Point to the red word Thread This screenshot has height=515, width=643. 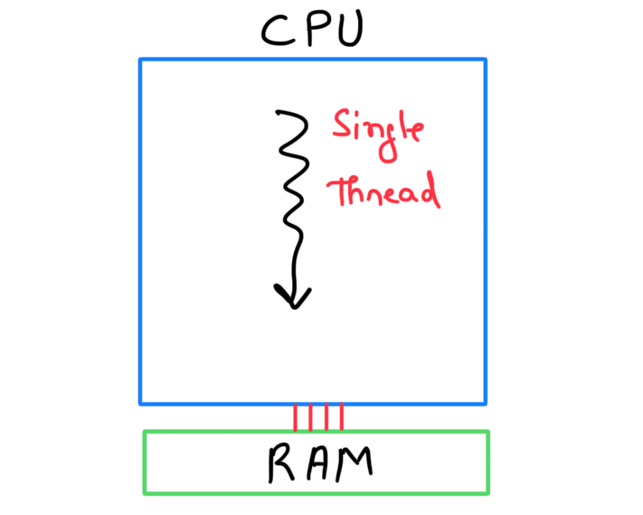[x=383, y=192]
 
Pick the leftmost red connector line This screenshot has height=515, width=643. [x=295, y=417]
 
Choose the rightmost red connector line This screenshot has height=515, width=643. [x=342, y=417]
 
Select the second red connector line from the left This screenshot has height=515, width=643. [x=310, y=417]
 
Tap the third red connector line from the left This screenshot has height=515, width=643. [x=326, y=417]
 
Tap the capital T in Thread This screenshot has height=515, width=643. [x=339, y=192]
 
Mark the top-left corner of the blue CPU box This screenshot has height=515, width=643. [x=140, y=61]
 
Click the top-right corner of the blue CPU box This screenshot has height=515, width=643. [x=485, y=61]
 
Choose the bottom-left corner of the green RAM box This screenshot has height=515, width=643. [x=145, y=493]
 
